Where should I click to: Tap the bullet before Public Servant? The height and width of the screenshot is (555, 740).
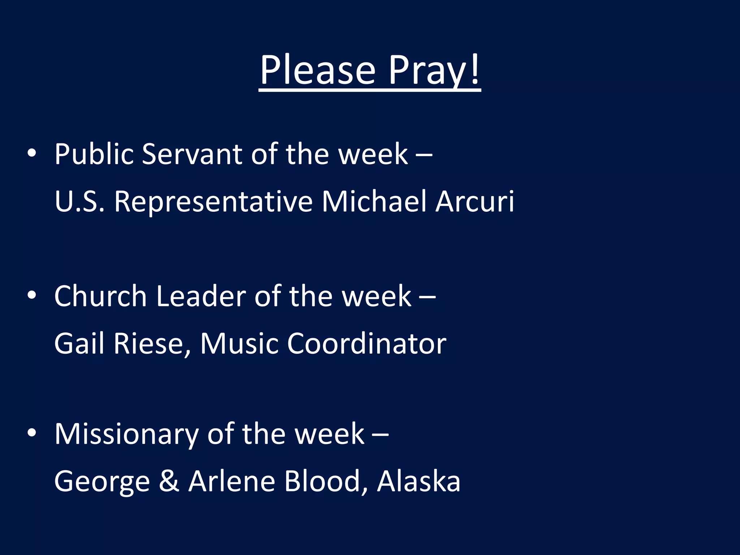[x=32, y=153]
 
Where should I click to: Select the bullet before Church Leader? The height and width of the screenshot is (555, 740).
[x=32, y=295]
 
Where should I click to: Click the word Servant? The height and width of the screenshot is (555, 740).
[x=192, y=154]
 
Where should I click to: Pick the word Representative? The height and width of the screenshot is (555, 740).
[x=213, y=201]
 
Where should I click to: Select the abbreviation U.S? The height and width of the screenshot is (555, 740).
[x=79, y=201]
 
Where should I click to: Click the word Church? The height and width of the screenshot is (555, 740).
[x=100, y=296]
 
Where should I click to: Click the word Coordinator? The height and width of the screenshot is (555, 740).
[x=367, y=343]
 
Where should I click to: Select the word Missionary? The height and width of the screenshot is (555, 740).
[x=126, y=434]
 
